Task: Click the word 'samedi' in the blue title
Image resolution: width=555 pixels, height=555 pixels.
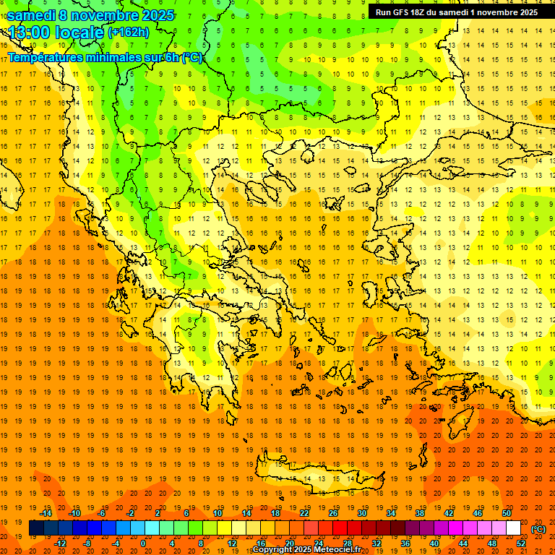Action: [31, 15]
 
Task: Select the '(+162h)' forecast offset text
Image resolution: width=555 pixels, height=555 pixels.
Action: [129, 33]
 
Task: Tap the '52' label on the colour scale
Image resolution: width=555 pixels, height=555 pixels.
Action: [521, 543]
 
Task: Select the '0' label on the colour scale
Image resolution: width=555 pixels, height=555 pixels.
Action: [143, 543]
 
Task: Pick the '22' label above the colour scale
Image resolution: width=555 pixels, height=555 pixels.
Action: [304, 513]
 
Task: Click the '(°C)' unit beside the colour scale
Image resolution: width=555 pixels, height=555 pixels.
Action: [538, 529]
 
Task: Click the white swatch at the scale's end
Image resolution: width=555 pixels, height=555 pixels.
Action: [514, 528]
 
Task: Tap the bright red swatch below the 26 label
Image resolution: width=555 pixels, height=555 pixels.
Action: [340, 528]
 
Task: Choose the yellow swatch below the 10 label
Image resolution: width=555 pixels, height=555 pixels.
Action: [224, 528]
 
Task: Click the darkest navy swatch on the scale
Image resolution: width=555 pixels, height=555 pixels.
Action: [36, 528]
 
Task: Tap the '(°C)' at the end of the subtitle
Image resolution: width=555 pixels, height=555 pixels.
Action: [192, 57]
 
